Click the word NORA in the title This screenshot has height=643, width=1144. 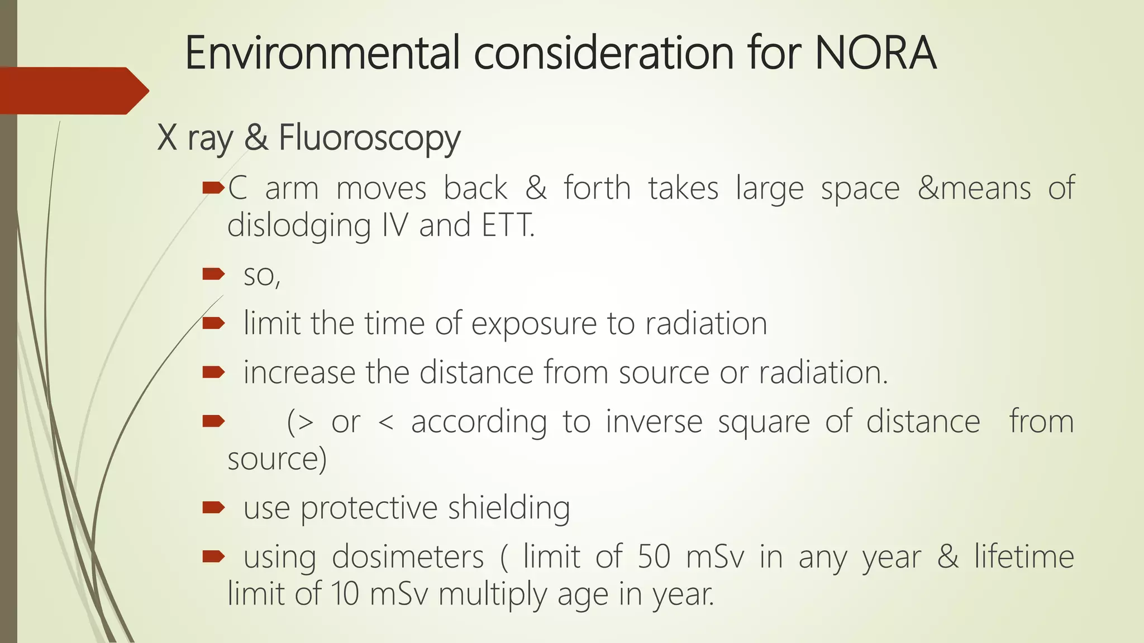pos(875,53)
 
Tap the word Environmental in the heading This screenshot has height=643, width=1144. pos(322,53)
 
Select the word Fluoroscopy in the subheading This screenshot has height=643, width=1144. pos(369,138)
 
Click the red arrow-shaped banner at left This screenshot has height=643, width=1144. pos(73,90)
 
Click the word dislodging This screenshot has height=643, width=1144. pos(299,225)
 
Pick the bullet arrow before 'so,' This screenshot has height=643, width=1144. pos(213,273)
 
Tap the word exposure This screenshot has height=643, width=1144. pos(533,324)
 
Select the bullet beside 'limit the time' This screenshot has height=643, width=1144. pos(213,323)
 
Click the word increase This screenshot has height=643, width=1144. pos(299,372)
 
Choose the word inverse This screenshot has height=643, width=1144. pos(654,421)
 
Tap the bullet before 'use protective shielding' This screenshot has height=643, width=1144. pos(213,507)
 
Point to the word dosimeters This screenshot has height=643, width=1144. pos(408,557)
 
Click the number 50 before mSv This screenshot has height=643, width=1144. pos(654,557)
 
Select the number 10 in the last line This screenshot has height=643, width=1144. pos(345,594)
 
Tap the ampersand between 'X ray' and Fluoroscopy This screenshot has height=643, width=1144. pos(256,138)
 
